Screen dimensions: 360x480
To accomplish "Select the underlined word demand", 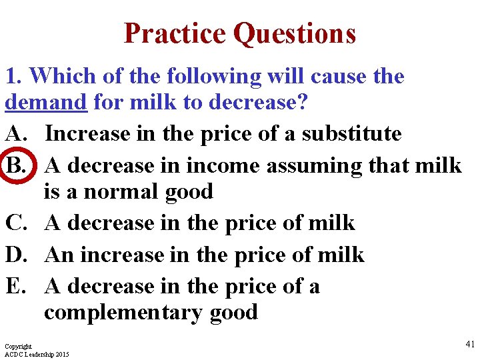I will pos(46,102).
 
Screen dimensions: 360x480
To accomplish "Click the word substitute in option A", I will pos(351,133).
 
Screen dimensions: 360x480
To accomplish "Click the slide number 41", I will pos(469,344).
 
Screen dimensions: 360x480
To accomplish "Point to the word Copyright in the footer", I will pos(18,347).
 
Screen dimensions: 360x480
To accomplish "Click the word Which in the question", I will pos(65,76).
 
